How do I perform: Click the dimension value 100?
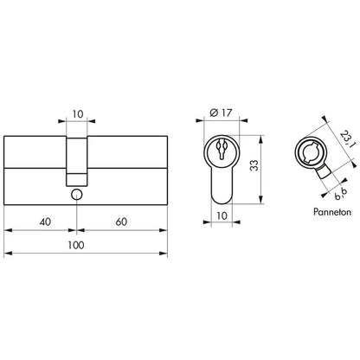tap(76, 245)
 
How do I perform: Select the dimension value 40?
tap(45, 222)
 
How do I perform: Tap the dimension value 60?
tap(121, 222)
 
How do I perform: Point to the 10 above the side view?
tap(78, 114)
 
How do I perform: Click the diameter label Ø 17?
tap(222, 112)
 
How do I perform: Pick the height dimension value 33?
tap(254, 165)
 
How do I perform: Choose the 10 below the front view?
tap(222, 215)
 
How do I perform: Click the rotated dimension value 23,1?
tap(348, 138)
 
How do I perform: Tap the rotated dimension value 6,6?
tap(341, 194)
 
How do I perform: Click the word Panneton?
tap(332, 212)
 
